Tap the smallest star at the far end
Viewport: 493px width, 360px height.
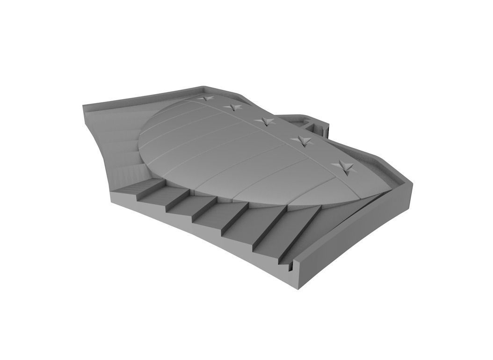pos(205,99)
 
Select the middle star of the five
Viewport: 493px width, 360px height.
pos(266,121)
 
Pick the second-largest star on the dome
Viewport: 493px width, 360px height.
pos(301,141)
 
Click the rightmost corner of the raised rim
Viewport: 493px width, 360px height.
pos(412,184)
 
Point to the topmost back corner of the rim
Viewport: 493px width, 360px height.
pos(204,87)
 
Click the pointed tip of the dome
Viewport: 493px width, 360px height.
pos(388,188)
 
